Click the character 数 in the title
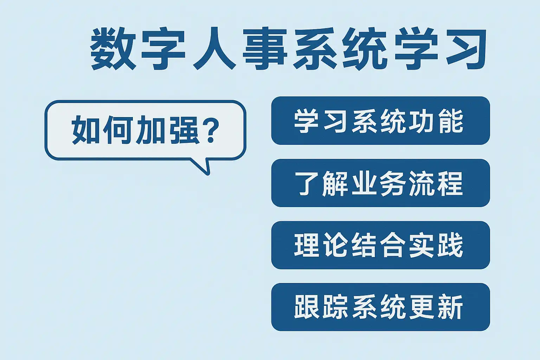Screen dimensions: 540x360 113,49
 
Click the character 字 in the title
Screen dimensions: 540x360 163,49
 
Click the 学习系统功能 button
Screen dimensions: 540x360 380,121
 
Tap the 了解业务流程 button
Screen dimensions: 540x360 380,183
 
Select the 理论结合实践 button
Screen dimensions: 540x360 380,245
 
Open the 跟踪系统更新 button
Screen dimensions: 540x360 380,307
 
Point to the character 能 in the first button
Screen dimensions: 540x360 451,121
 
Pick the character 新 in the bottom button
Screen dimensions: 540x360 451,307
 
